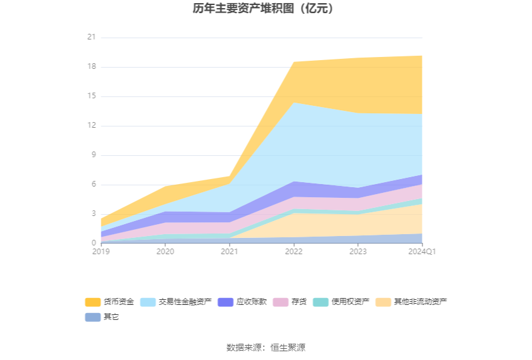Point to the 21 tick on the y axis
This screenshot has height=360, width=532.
coord(91,38)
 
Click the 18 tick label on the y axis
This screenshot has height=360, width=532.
coord(91,67)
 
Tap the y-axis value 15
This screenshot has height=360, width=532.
coord(91,96)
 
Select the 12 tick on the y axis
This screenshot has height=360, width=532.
coord(91,126)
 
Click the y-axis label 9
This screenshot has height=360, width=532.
coord(93,155)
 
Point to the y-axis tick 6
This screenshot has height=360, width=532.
coord(93,185)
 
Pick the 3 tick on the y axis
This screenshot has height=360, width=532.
coord(93,214)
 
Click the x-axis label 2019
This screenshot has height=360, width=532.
coord(101,252)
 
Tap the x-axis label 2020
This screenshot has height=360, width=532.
coord(165,252)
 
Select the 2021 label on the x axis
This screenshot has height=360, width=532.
coord(229,252)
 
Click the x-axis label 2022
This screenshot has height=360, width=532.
coord(294,252)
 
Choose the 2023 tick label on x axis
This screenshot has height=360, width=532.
coord(357,252)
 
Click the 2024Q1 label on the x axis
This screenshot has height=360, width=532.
coord(422,252)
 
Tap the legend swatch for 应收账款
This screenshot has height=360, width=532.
coord(225,302)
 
